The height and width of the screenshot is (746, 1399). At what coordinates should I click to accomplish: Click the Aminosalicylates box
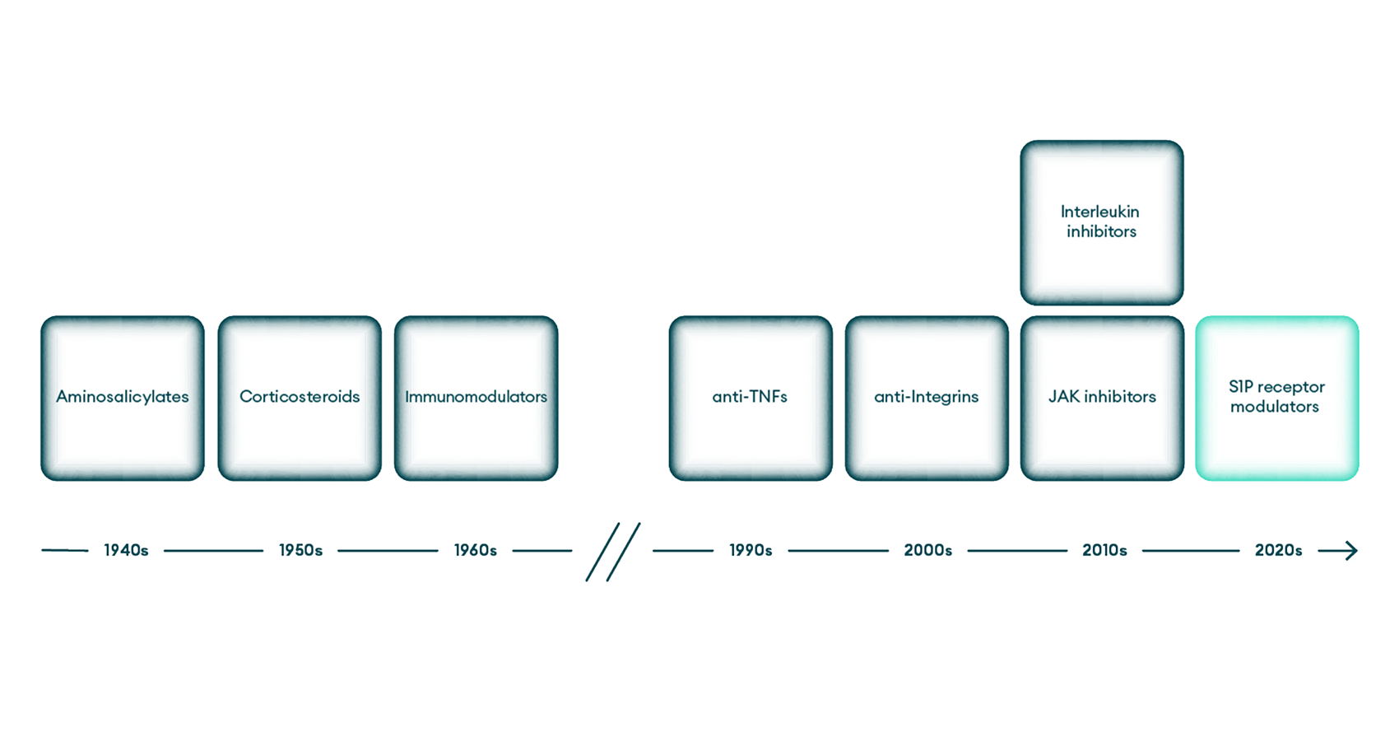(x=123, y=398)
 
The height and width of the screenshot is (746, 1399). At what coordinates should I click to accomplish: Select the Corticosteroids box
(x=300, y=398)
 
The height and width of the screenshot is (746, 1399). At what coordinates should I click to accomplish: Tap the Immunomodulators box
(x=476, y=398)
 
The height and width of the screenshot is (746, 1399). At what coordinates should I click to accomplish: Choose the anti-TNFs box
(x=751, y=398)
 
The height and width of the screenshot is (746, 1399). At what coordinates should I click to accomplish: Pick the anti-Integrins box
(x=927, y=398)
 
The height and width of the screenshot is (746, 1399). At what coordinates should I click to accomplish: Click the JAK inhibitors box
(x=1103, y=398)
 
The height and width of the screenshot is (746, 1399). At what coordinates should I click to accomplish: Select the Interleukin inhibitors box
(x=1103, y=223)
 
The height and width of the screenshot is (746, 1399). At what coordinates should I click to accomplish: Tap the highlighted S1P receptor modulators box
(x=1277, y=398)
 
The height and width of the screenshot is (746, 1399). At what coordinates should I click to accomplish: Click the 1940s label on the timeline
(x=126, y=550)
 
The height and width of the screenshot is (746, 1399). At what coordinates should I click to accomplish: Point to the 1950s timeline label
(x=301, y=550)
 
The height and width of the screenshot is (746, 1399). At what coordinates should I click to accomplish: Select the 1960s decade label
(x=476, y=550)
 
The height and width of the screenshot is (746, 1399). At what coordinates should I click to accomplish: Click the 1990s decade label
(x=751, y=550)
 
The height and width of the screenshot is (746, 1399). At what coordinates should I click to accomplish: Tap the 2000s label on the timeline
(x=928, y=550)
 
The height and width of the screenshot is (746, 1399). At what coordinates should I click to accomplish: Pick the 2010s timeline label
(x=1105, y=550)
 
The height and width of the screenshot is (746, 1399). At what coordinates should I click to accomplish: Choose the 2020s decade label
(x=1279, y=550)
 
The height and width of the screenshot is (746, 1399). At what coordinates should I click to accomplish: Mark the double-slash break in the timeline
(x=613, y=553)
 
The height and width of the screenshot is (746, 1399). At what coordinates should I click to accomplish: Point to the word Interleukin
(x=1099, y=212)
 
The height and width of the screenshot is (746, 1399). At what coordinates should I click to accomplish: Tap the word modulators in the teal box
(x=1275, y=407)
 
